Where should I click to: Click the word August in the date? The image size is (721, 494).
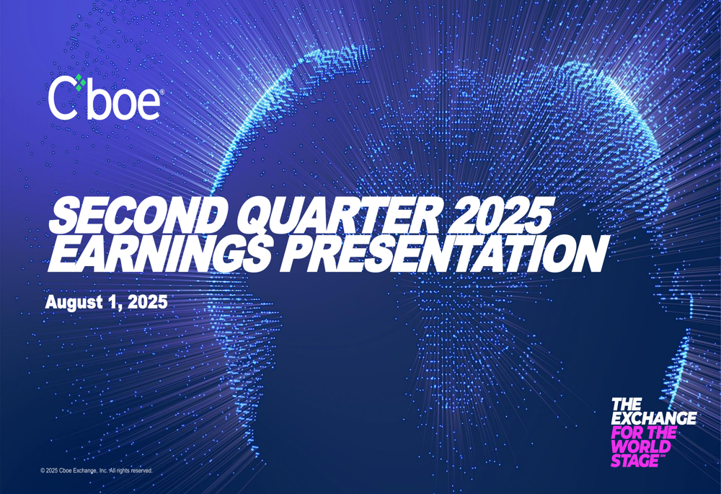tap(72, 301)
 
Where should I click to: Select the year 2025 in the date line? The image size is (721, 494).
tap(147, 301)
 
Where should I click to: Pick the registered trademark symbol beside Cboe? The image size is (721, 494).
tap(161, 92)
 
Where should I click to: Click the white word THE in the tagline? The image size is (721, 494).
tap(626, 405)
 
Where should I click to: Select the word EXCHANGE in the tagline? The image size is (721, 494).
tap(653, 418)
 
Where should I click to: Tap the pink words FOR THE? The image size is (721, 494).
tap(643, 433)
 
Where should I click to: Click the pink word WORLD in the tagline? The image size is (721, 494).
tap(635, 447)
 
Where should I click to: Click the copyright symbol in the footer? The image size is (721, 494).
tap(43, 471)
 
